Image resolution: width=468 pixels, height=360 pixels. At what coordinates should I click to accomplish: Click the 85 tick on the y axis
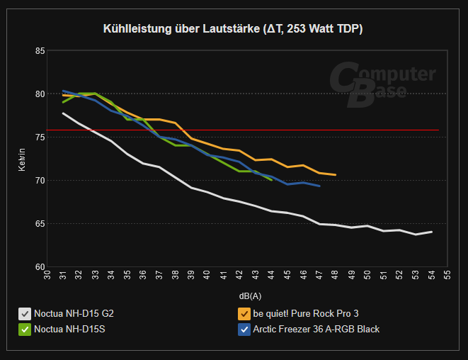(40, 51)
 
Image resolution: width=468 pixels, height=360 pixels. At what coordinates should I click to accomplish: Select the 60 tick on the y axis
(40, 266)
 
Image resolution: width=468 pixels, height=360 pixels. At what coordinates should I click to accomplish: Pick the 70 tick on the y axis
(40, 181)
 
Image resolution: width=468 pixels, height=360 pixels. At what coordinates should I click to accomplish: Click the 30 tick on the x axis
(47, 274)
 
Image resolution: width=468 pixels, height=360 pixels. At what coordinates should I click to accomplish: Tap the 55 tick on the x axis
(447, 274)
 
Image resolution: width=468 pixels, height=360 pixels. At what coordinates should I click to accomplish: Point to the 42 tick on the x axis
(239, 274)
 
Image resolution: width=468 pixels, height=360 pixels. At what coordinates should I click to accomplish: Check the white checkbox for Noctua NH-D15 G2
(25, 313)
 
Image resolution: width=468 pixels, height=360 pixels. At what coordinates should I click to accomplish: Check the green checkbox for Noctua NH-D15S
(25, 329)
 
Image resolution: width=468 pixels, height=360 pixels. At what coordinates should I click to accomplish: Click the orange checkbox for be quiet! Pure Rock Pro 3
(244, 313)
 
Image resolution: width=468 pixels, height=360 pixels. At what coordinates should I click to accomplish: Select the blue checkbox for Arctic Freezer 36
(244, 329)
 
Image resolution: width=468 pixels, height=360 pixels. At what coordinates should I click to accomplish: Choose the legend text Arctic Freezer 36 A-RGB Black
(316, 329)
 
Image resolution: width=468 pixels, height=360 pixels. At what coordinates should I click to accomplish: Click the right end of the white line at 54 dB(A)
(431, 232)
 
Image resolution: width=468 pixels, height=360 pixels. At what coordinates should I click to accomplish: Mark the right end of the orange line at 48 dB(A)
(335, 174)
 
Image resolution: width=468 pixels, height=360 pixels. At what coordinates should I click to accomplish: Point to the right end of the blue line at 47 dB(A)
(319, 186)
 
